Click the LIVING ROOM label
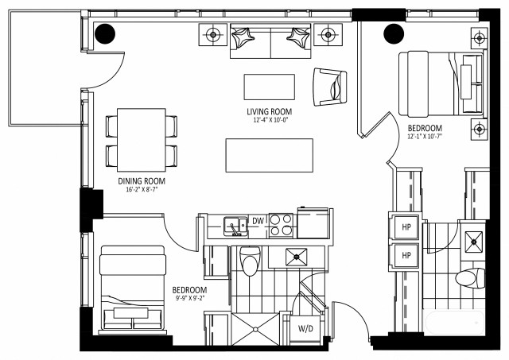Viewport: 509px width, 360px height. tap(269, 111)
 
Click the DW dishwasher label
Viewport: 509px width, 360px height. tap(258, 221)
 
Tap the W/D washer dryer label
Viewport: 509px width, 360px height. tap(305, 328)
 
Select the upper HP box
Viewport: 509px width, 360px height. tap(406, 226)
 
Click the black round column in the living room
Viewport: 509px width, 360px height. tap(105, 34)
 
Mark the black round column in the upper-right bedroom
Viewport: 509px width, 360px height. tap(393, 34)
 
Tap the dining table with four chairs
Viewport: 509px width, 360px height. tap(142, 137)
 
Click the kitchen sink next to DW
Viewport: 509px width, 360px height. tap(234, 226)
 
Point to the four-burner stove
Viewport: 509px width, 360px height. tap(282, 225)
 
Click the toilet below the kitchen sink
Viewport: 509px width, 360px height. tap(250, 261)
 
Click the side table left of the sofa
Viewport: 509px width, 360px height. tap(213, 34)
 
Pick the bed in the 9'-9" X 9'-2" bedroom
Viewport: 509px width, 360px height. tap(132, 288)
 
